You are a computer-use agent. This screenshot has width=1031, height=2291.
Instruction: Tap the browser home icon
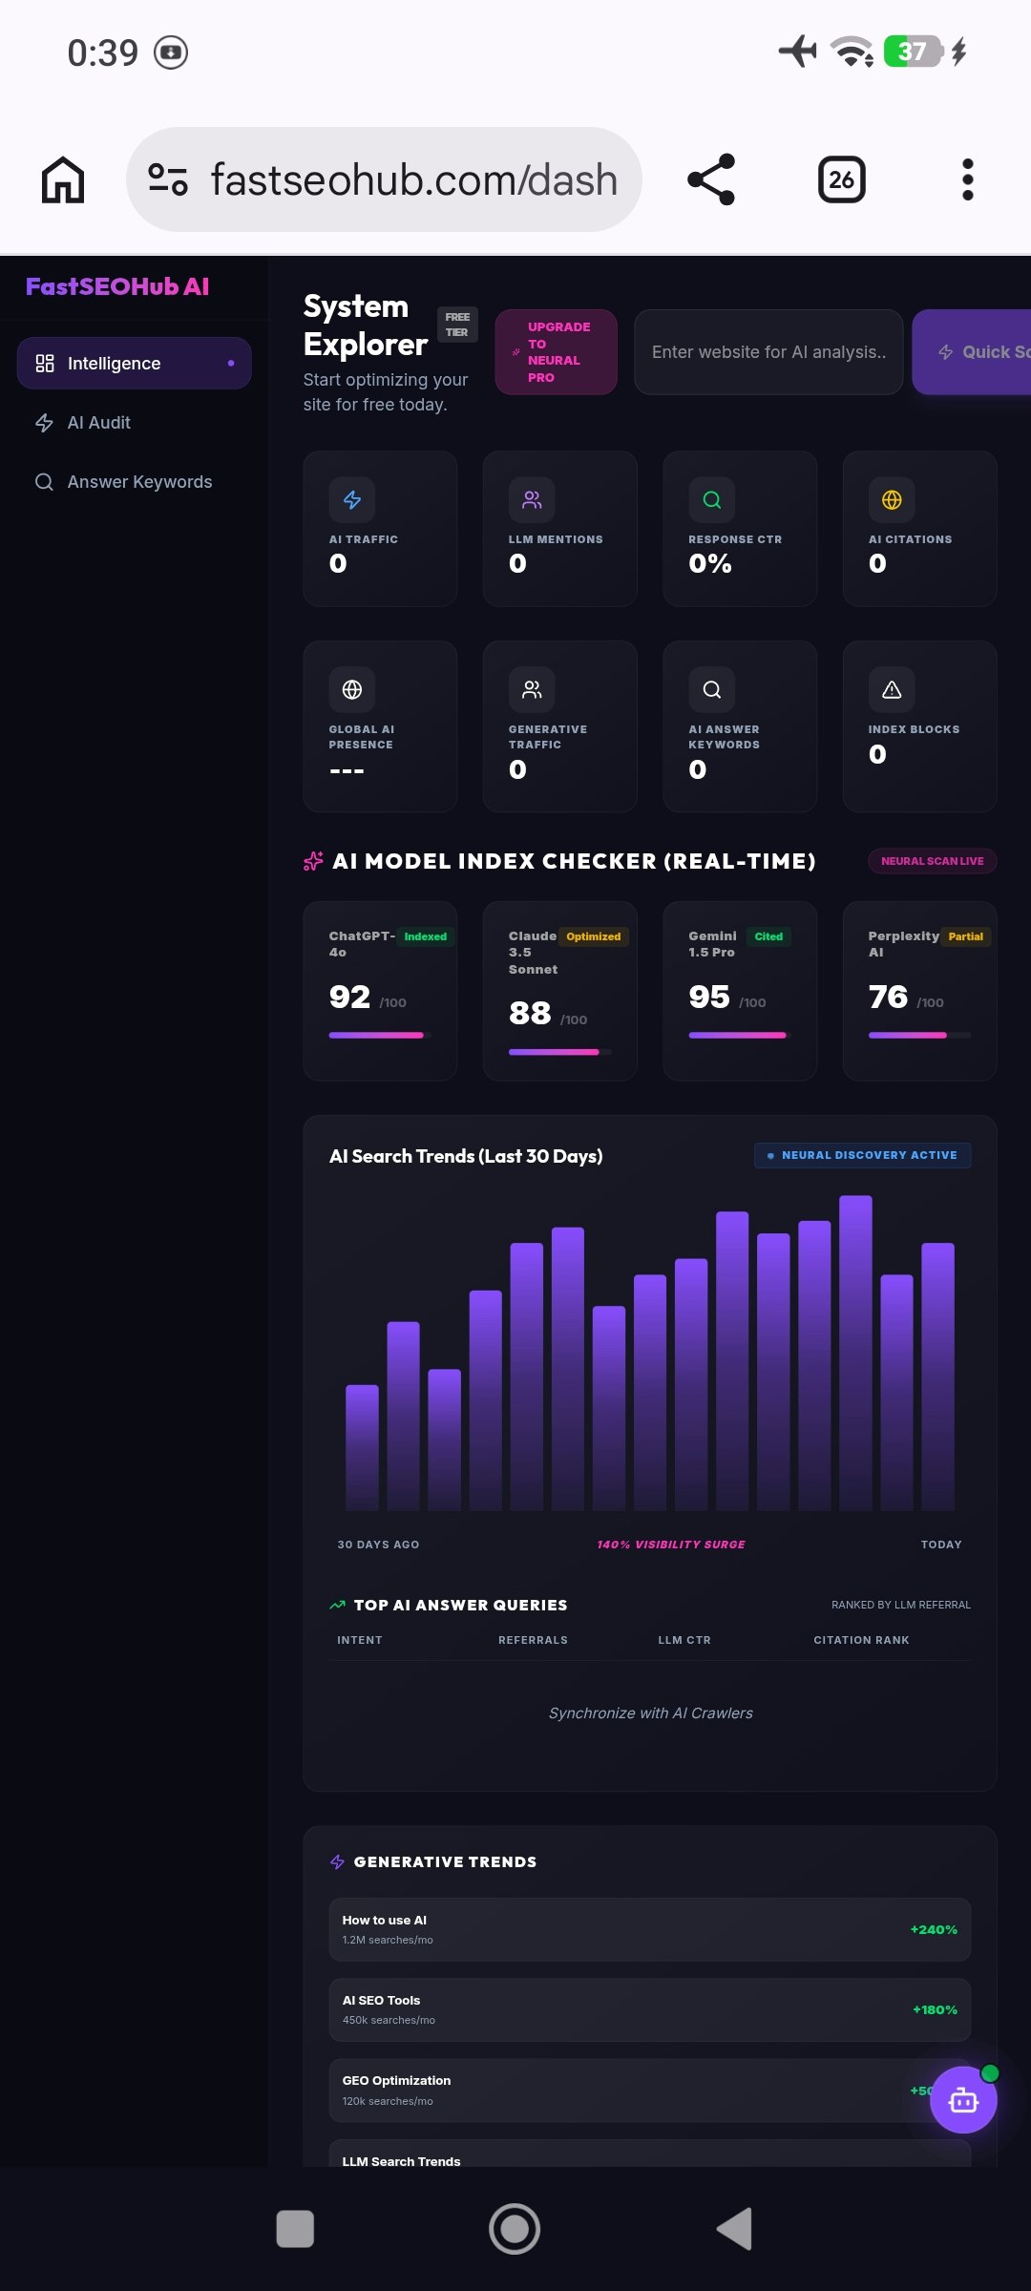(x=63, y=179)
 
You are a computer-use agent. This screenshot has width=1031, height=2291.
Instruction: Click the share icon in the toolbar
(x=711, y=179)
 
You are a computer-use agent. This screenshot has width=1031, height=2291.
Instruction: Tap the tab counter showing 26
(x=841, y=179)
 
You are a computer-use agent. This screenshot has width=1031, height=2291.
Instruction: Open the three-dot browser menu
(x=967, y=179)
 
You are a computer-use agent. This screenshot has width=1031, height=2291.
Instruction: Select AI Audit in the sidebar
(x=98, y=423)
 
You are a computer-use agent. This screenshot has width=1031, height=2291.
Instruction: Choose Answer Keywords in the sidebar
(x=139, y=482)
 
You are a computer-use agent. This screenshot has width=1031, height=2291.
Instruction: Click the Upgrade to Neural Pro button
(x=556, y=352)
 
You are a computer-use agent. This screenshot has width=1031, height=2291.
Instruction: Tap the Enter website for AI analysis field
(x=768, y=352)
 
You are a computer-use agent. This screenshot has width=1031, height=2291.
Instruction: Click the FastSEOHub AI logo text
(x=117, y=286)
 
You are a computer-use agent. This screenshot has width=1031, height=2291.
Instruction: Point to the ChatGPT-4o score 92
(x=349, y=998)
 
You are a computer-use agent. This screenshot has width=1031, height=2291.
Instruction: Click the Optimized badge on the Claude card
(x=593, y=936)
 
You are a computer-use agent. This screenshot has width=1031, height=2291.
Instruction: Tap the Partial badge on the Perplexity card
(x=965, y=936)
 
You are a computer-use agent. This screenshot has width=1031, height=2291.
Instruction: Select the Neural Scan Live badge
(x=932, y=861)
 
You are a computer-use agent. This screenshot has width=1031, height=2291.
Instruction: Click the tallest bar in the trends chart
(x=855, y=1351)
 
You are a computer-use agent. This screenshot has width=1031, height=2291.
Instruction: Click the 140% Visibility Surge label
(x=671, y=1545)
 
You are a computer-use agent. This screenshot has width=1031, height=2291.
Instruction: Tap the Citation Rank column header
(x=861, y=1640)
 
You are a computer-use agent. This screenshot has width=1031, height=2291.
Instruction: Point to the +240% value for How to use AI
(x=933, y=1929)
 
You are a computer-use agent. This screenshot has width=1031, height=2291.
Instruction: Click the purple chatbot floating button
(x=963, y=2100)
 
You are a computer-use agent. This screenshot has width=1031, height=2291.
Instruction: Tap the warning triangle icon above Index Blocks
(x=892, y=689)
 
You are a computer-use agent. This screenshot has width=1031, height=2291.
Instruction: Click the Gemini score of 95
(x=709, y=998)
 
